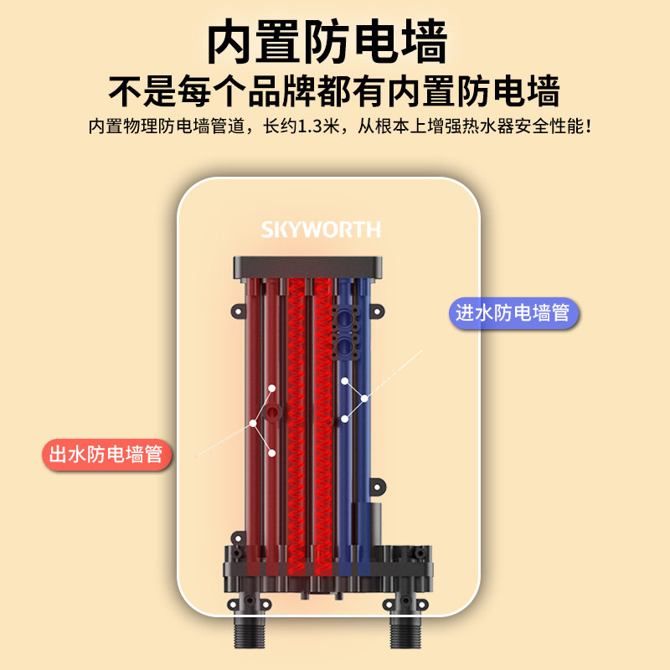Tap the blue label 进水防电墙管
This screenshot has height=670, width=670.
point(512,313)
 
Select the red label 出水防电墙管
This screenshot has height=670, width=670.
point(106,455)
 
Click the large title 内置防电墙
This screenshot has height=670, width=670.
point(327,41)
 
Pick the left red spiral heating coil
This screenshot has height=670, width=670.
point(297,419)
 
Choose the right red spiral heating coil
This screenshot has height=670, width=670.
point(323,419)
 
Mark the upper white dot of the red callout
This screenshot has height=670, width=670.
point(272,389)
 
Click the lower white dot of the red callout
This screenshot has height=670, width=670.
point(272,452)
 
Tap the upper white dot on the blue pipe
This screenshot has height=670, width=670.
point(344,382)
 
